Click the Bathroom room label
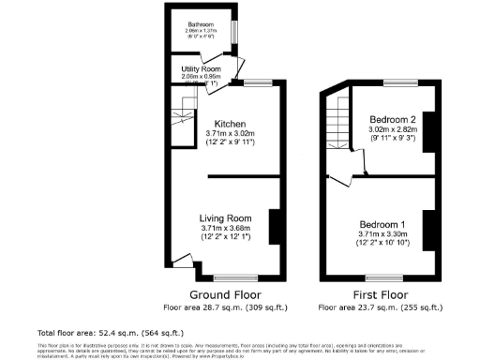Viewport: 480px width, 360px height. (199, 23)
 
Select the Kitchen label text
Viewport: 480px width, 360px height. (230, 124)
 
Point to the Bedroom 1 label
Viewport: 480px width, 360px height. (382, 225)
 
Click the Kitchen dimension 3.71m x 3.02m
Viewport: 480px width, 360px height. (230, 134)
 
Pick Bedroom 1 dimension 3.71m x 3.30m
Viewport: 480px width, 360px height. (382, 235)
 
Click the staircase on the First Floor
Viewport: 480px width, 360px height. (337, 127)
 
